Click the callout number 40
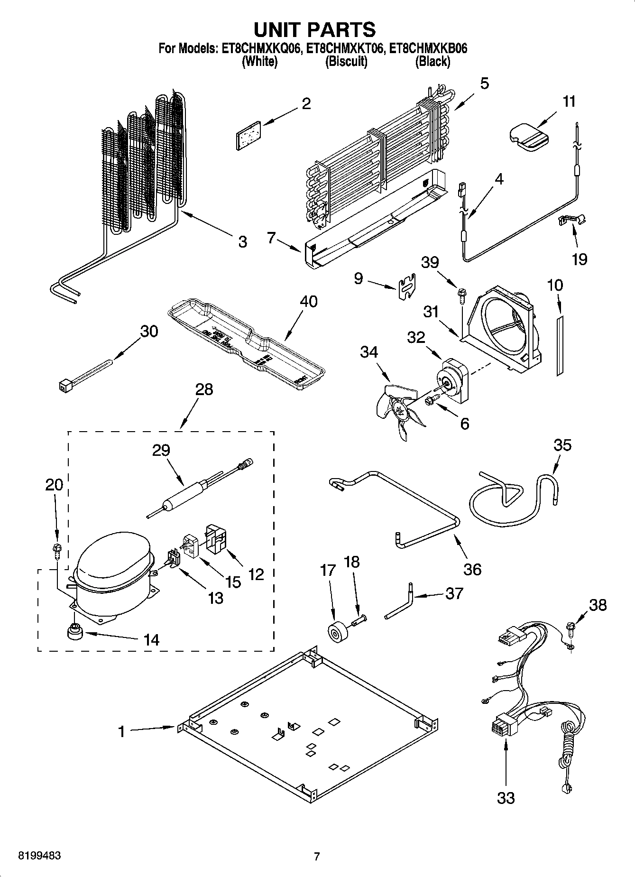click(x=309, y=302)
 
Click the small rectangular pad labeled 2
click(x=248, y=135)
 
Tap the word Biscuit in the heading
click(x=346, y=62)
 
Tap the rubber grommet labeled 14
click(x=74, y=632)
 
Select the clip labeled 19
click(x=572, y=220)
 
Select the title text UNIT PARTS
click(x=314, y=29)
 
